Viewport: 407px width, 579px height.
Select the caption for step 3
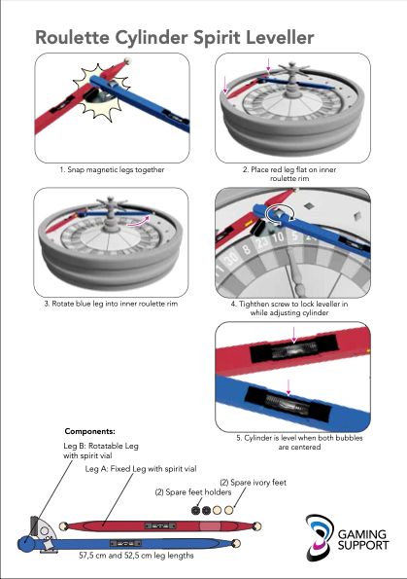click(x=113, y=305)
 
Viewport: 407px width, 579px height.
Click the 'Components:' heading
click(x=89, y=430)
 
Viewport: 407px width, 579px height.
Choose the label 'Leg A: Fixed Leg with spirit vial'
click(x=141, y=469)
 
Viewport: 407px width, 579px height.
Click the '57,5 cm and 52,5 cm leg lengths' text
click(x=136, y=555)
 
